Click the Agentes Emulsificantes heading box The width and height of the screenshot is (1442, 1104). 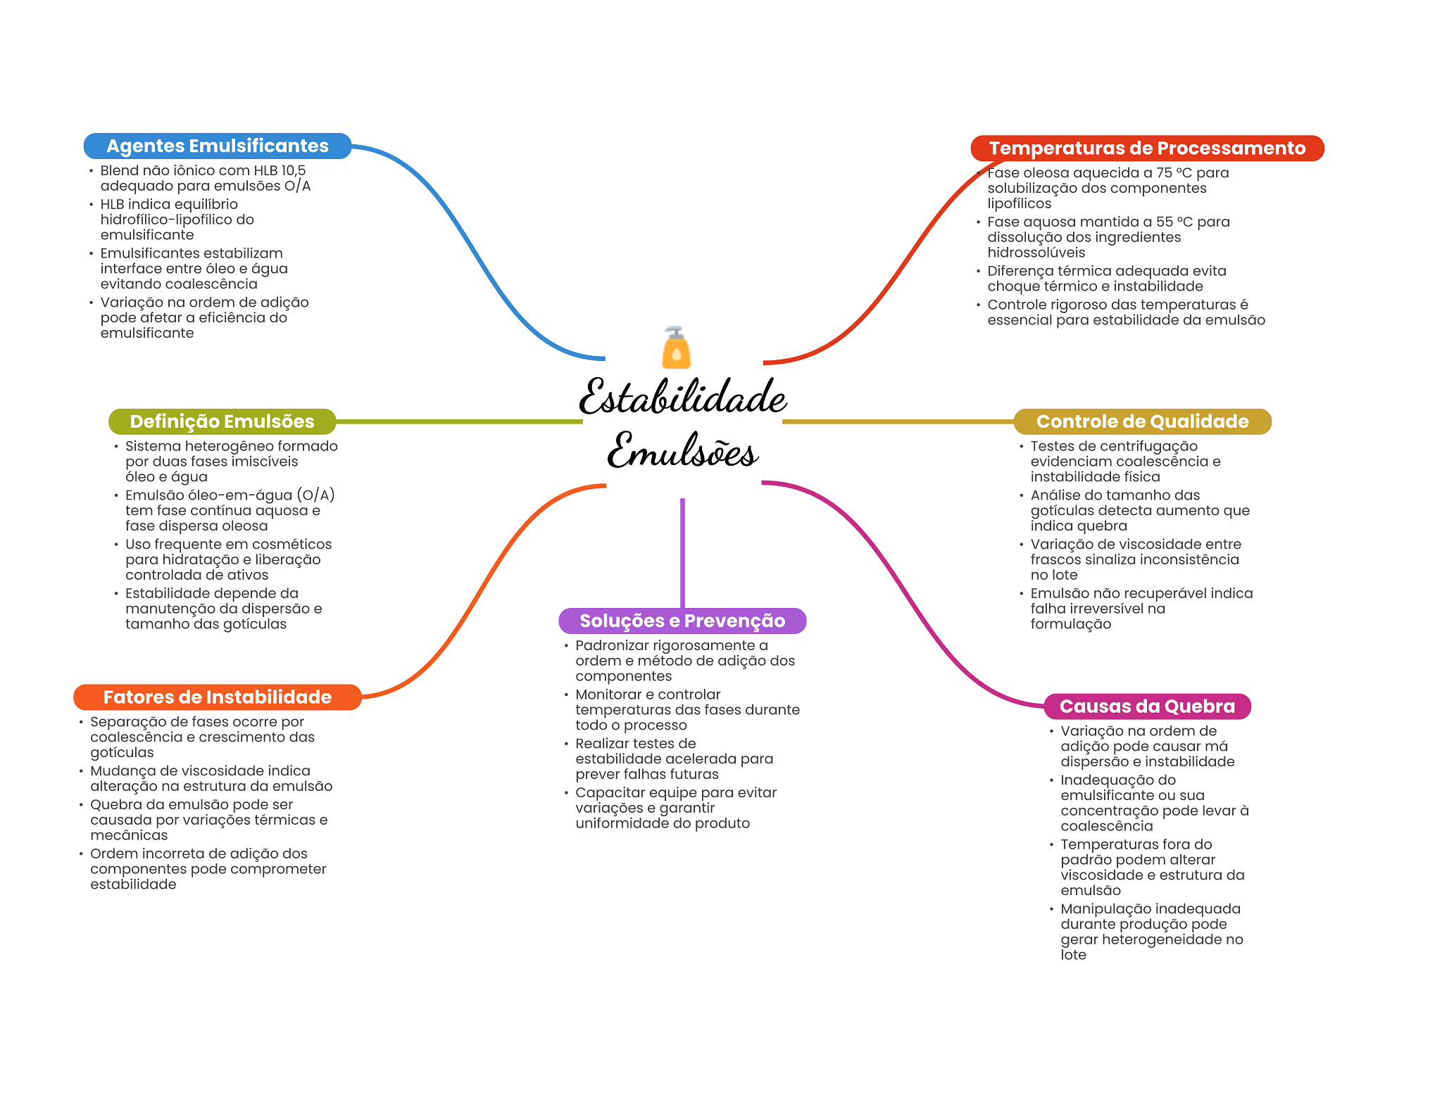[x=217, y=146]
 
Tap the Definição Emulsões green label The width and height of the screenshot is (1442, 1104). [x=222, y=421]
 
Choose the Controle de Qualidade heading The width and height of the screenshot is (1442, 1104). [x=1142, y=421]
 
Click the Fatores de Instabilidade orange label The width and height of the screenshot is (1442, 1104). [x=217, y=697]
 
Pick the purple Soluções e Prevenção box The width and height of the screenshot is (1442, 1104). [x=682, y=621]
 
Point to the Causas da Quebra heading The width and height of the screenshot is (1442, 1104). [x=1146, y=706]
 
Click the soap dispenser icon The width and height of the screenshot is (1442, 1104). [x=676, y=348]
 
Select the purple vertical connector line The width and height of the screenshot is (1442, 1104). [x=682, y=552]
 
